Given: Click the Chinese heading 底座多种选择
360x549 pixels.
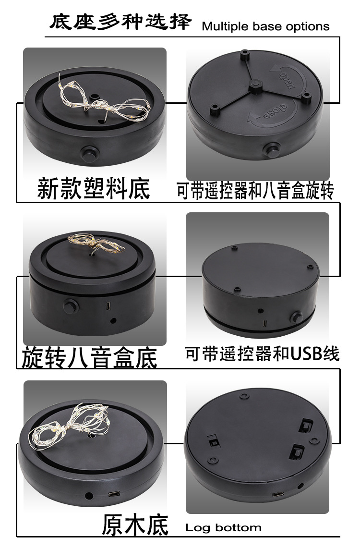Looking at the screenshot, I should [120, 23].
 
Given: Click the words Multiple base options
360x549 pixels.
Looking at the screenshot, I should [265, 26].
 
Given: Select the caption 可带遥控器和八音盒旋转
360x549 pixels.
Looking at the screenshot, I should [255, 191].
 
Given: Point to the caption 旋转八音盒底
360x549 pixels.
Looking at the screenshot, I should [89, 357].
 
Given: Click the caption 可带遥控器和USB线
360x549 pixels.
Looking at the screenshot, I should [262, 354].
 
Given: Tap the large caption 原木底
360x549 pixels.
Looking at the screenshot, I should [135, 525].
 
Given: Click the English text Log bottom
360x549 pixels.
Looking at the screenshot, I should [223, 527].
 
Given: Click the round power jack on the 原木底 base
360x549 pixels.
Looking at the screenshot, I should [88, 495].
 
